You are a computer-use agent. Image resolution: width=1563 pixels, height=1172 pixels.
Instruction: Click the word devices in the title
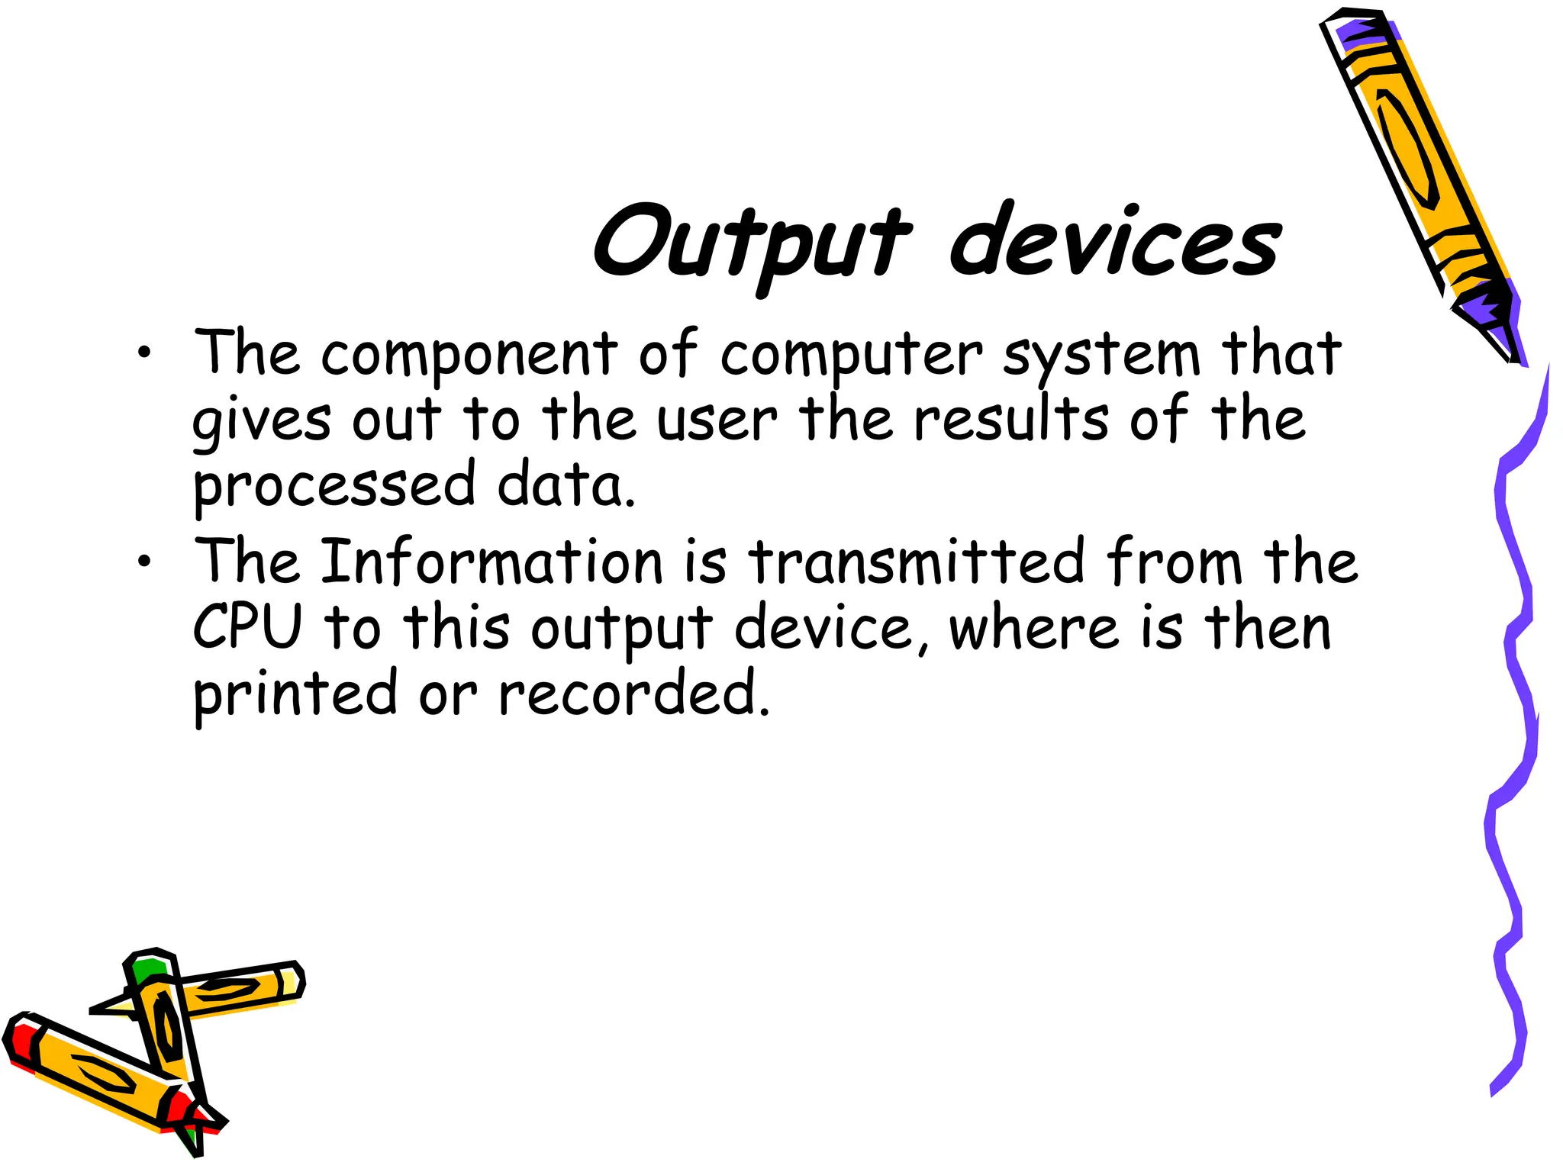[1114, 243]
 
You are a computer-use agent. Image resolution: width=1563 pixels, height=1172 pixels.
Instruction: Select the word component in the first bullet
[469, 355]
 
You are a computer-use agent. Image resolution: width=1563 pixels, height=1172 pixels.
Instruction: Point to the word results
[1011, 419]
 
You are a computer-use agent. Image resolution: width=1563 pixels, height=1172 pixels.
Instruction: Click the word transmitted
[916, 562]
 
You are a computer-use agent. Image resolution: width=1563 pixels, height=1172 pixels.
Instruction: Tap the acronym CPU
[248, 627]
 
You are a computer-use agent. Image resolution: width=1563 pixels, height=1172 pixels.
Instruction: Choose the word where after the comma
[1033, 627]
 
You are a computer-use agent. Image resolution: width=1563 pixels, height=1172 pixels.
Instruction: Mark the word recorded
[633, 694]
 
